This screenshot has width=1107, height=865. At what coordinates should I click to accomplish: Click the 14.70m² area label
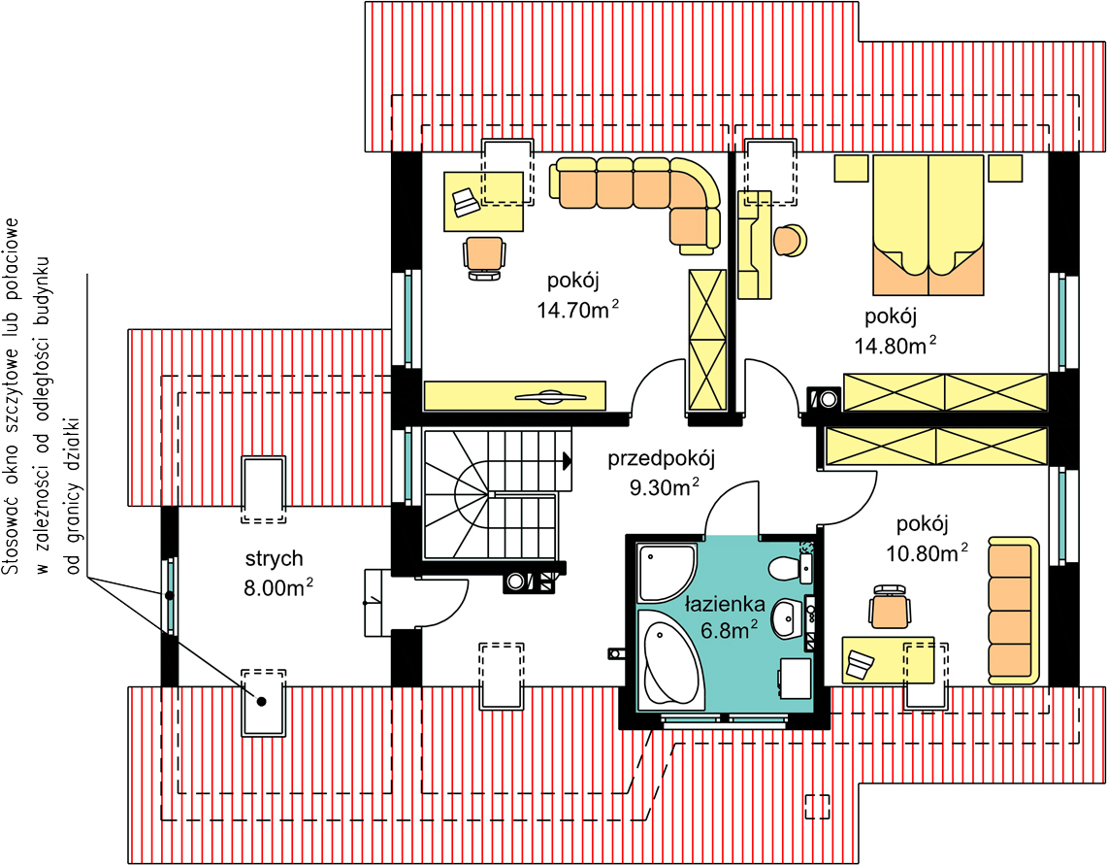click(x=578, y=309)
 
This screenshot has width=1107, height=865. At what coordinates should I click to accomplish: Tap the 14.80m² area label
click(x=895, y=345)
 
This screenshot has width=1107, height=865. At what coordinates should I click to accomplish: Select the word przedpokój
click(x=662, y=459)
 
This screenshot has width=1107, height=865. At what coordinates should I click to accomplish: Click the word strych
click(x=274, y=558)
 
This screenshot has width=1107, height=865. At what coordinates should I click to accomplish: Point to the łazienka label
click(x=725, y=604)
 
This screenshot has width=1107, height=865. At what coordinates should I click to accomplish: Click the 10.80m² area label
click(x=927, y=552)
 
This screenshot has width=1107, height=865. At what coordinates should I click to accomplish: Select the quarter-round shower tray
click(x=665, y=573)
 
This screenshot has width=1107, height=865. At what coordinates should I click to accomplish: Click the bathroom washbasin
click(x=790, y=617)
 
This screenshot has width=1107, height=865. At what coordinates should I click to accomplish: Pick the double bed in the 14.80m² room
click(x=928, y=224)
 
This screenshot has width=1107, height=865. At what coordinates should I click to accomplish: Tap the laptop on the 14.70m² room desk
click(x=466, y=202)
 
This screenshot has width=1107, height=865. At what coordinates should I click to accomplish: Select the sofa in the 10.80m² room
click(x=1013, y=611)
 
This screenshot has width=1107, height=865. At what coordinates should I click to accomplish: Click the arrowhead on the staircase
click(x=567, y=462)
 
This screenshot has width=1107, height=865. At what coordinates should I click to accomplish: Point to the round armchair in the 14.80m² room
click(x=790, y=241)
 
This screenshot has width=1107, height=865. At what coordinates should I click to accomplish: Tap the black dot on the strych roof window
click(x=262, y=702)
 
